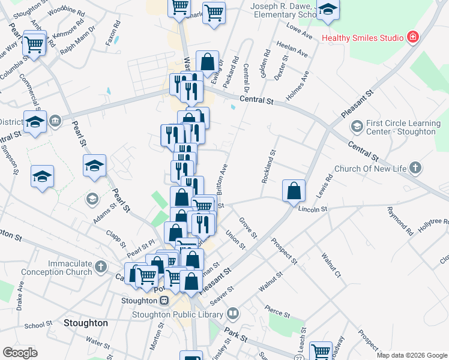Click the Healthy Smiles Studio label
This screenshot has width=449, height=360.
[x=362, y=38]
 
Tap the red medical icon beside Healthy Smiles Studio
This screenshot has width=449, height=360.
[x=412, y=38]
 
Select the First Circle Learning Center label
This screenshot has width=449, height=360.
[x=400, y=127]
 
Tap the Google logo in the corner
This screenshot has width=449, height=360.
[x=20, y=353]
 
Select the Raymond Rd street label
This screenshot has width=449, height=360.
[x=400, y=221]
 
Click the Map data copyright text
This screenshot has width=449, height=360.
[x=412, y=355]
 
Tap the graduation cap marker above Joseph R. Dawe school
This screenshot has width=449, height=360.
[x=327, y=11]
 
